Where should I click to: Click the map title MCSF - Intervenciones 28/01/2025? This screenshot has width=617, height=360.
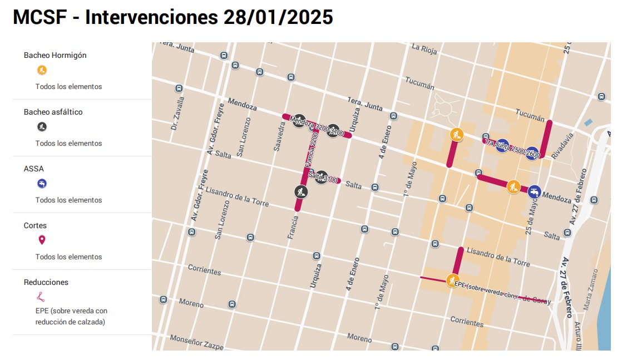tap(172, 17)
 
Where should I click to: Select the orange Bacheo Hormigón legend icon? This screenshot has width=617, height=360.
tap(42, 70)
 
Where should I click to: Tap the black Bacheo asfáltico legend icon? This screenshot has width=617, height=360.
tap(42, 127)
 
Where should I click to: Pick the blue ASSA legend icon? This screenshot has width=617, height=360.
tap(42, 184)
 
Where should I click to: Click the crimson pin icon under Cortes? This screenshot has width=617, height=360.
tap(42, 240)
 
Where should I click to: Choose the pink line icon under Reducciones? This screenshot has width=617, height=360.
tap(42, 297)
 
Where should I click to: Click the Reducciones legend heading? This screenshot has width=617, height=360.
tap(46, 282)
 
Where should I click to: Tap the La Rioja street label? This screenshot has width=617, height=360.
tap(424, 47)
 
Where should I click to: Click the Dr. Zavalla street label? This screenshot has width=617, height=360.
tap(177, 114)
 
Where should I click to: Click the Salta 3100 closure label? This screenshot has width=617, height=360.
tap(323, 177)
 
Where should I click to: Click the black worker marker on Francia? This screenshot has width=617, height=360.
tap(300, 192)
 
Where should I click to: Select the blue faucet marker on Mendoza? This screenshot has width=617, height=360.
tap(535, 191)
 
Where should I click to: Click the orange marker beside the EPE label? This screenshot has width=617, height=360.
tap(452, 280)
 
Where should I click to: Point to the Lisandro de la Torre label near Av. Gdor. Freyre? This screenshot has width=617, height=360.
tap(237, 196)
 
